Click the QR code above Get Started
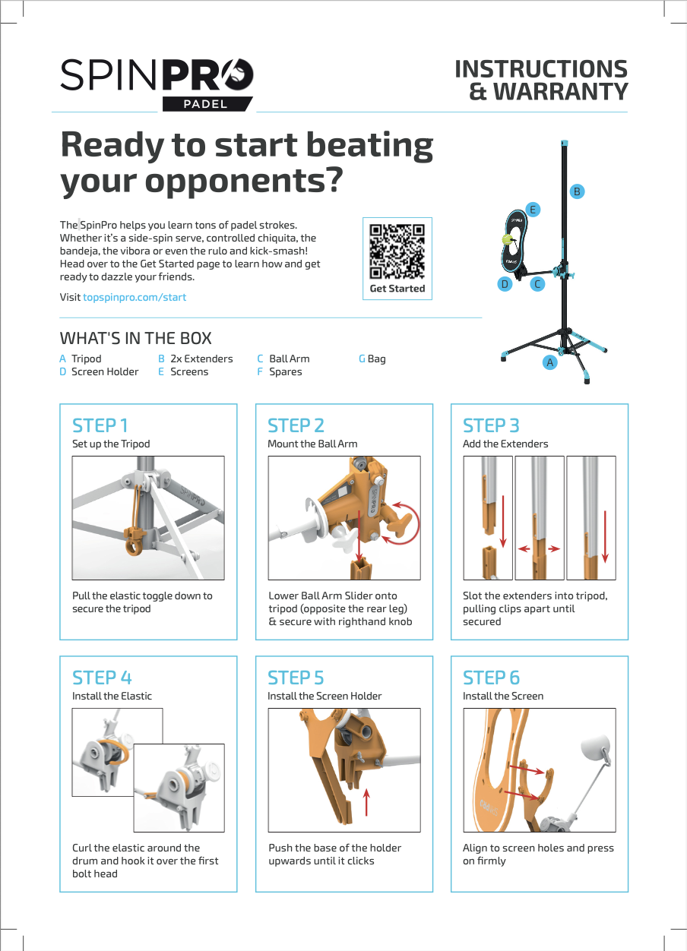(x=397, y=251)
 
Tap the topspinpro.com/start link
(x=134, y=297)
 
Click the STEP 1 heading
(x=100, y=425)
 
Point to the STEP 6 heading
(x=492, y=677)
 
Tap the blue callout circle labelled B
(x=577, y=191)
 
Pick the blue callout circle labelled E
(x=533, y=209)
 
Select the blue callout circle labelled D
(x=504, y=284)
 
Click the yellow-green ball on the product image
(x=507, y=239)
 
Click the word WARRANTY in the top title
(x=560, y=92)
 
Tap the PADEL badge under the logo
(x=206, y=104)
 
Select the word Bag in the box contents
(x=376, y=359)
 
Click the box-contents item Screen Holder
(x=105, y=371)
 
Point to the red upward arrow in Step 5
(x=366, y=801)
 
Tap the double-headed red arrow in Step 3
(x=540, y=548)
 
